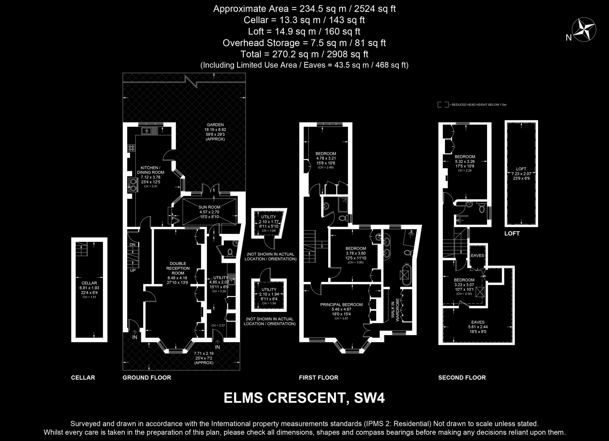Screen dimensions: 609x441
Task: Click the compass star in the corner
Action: tap(584, 29)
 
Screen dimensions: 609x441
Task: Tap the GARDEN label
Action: tap(215, 125)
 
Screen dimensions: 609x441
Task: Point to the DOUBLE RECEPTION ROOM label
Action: tap(178, 268)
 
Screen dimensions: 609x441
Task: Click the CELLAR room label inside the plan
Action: tap(89, 283)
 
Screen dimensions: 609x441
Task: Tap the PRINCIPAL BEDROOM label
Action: tap(341, 304)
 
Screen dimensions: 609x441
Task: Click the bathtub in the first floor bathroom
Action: tap(406, 275)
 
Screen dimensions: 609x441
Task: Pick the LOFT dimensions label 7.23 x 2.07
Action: tap(521, 174)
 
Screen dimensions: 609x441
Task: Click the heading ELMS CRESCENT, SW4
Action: tap(304, 398)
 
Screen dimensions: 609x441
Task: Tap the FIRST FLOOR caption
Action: tap(319, 378)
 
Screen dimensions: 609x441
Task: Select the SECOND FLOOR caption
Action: tap(462, 378)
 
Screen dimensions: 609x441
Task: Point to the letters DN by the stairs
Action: tap(133, 244)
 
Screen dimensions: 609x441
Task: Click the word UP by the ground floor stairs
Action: tap(133, 270)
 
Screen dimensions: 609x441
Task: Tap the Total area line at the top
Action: tap(304, 54)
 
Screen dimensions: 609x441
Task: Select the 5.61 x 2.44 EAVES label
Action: tap(478, 327)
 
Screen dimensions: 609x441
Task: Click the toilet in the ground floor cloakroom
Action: tap(230, 252)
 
